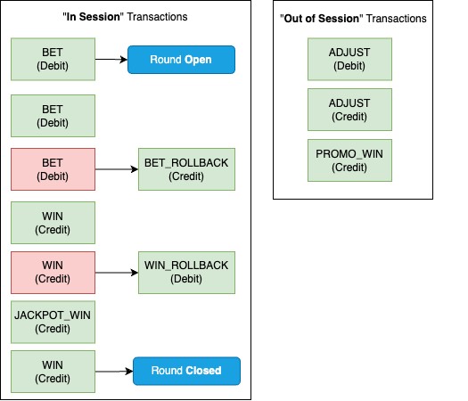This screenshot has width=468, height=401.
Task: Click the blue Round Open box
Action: click(181, 61)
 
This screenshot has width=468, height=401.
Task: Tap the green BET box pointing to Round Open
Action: click(53, 61)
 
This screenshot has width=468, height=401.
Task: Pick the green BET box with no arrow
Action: click(53, 116)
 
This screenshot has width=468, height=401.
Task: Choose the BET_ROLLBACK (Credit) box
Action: click(185, 170)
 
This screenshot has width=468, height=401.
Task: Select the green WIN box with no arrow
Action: click(53, 223)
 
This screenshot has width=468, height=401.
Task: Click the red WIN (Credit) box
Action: click(53, 272)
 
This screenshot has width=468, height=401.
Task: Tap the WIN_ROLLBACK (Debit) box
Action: click(185, 272)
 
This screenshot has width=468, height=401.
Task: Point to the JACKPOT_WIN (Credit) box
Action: click(53, 321)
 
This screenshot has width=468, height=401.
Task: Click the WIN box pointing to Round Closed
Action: click(53, 370)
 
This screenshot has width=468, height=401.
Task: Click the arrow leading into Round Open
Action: click(111, 61)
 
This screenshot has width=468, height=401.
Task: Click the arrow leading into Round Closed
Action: click(113, 370)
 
